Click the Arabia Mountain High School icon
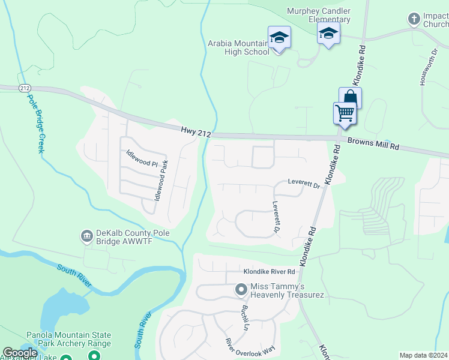click(x=279, y=38)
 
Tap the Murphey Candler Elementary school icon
click(x=328, y=33)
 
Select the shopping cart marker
click(x=345, y=112)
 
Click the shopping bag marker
click(x=350, y=97)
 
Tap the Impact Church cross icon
click(x=414, y=19)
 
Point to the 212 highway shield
click(x=25, y=88)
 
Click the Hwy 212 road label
click(x=196, y=131)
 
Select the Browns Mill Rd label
click(x=373, y=146)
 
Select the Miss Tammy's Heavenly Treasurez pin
click(x=241, y=290)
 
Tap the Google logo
click(x=20, y=353)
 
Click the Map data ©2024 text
click(x=423, y=355)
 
